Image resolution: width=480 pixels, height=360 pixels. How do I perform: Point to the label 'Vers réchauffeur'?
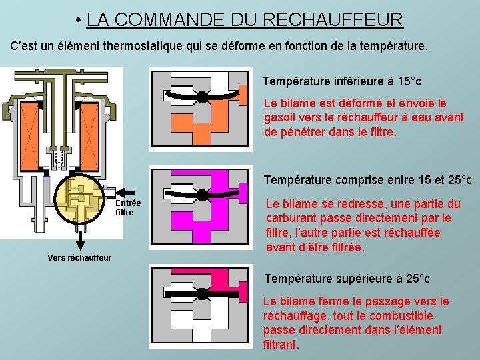(x=79, y=258)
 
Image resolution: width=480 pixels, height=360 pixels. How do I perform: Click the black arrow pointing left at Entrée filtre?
(x=125, y=193)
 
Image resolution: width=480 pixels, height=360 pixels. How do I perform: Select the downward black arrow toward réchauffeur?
(x=80, y=241)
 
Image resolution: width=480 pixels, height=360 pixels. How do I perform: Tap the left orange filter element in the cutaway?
(x=29, y=136)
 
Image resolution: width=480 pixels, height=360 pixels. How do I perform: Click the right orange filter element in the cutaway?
(x=89, y=136)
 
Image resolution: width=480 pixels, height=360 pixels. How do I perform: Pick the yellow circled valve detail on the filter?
(x=79, y=199)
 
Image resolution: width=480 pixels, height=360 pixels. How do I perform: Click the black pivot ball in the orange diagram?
(x=202, y=97)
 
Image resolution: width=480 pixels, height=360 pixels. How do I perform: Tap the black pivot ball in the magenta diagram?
(x=202, y=195)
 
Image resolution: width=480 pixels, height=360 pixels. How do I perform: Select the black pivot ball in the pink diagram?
(x=202, y=294)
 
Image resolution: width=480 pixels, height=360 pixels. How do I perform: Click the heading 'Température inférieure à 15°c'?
(x=342, y=81)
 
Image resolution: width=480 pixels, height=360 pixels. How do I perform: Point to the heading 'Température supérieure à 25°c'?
(x=347, y=279)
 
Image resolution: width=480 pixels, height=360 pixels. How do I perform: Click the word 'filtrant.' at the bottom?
(x=281, y=345)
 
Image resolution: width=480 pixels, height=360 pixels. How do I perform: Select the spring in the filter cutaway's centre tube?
(x=59, y=158)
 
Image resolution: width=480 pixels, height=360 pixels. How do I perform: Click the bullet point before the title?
(x=79, y=20)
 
